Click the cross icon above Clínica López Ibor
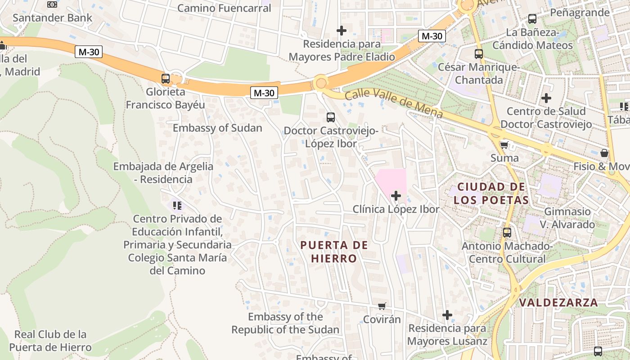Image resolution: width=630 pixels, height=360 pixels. tap(396, 196)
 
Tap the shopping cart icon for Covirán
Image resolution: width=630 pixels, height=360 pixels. tap(382, 306)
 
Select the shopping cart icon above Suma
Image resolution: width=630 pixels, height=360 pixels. tap(504, 145)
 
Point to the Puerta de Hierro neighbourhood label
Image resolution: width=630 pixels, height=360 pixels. tap(334, 252)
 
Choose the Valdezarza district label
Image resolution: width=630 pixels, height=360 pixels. tap(558, 302)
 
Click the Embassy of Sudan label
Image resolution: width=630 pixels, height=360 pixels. tap(217, 128)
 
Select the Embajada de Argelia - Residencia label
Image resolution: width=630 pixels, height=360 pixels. tap(163, 172)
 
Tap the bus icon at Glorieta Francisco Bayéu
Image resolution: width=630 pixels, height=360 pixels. tap(166, 79)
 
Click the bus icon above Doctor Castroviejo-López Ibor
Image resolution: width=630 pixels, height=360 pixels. tap(331, 117)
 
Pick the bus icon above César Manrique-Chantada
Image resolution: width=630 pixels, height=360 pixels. tap(479, 54)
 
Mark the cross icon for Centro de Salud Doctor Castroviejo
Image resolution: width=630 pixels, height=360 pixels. tap(546, 98)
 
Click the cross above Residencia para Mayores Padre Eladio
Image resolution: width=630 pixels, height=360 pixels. tap(342, 31)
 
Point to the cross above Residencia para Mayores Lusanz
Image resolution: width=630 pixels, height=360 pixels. tap(447, 315)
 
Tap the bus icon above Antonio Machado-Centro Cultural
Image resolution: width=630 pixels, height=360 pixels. tap(507, 233)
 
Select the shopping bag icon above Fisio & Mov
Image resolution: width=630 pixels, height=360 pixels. tap(604, 153)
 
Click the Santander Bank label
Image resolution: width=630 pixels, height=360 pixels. tap(52, 18)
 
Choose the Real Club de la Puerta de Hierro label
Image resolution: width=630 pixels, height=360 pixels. tap(50, 341)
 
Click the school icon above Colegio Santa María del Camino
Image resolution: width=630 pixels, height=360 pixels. tap(177, 206)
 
